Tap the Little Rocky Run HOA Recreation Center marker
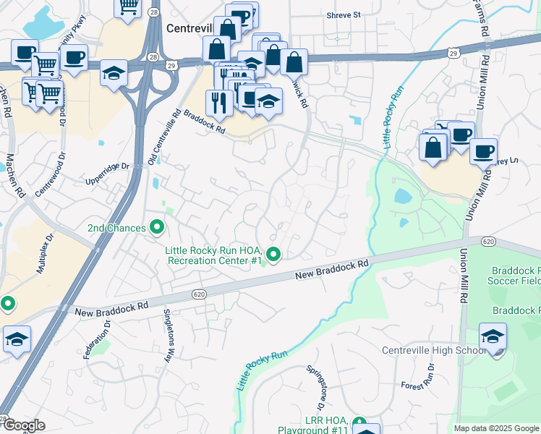(273, 254)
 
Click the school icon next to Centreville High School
(493, 337)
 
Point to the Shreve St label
(343, 14)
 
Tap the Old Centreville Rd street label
(164, 137)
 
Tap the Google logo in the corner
(23, 425)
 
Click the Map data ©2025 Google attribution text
(495, 428)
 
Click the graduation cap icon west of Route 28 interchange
(114, 73)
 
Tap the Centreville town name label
(189, 28)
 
